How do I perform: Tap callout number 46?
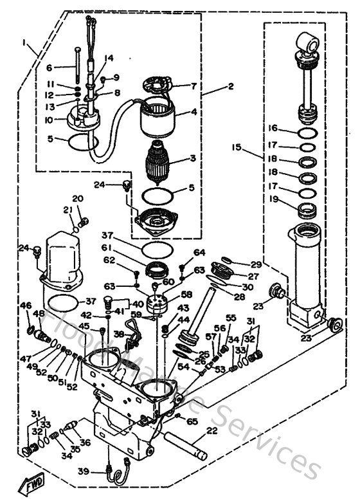point(26,304)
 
